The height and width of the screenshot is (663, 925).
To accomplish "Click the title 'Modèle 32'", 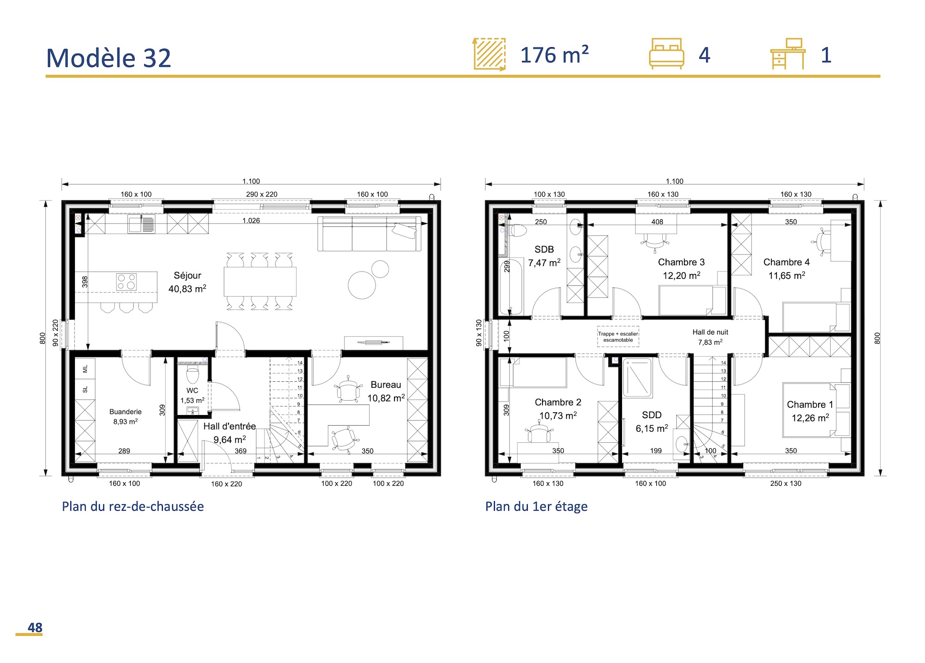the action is (x=109, y=58).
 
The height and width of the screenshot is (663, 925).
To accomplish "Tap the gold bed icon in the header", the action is (x=666, y=54).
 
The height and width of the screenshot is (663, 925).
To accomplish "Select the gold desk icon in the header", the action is (x=788, y=54).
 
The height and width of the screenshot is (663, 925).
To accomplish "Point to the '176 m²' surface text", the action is (x=555, y=55).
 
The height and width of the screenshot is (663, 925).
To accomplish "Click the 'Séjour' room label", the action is (x=187, y=275).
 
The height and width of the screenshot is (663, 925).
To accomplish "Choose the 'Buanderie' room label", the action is (x=125, y=412).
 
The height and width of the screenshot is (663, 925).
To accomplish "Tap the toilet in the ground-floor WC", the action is (x=192, y=374).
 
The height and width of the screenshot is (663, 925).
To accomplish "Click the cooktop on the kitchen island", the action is (x=126, y=282).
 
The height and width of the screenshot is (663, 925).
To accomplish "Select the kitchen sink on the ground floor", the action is (x=141, y=224).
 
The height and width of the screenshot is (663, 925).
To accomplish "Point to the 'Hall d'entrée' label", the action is (x=229, y=426).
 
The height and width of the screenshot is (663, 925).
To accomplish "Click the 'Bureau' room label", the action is (x=386, y=384).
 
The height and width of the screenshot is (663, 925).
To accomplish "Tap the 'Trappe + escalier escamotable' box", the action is (x=618, y=336).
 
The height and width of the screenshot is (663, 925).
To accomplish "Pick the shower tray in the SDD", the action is (x=637, y=378).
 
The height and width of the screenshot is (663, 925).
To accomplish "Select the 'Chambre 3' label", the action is (x=681, y=262).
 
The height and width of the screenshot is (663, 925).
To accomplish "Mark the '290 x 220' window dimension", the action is (x=262, y=194).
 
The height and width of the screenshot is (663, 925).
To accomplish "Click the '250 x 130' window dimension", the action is (x=786, y=483).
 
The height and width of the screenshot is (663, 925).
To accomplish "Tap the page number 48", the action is (x=35, y=627).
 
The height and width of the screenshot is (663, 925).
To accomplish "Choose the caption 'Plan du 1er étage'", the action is (x=536, y=507).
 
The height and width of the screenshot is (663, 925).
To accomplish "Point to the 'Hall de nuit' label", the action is (x=710, y=332).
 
